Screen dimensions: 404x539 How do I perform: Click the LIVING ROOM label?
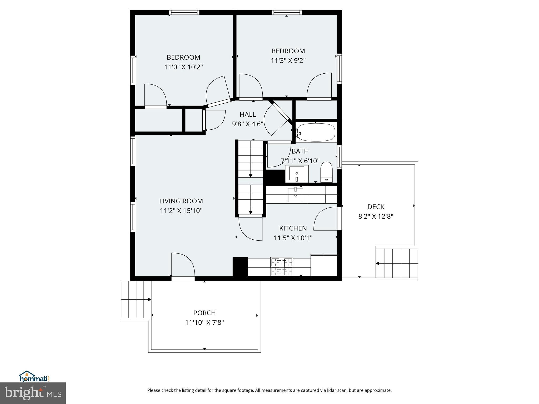(x=181, y=201)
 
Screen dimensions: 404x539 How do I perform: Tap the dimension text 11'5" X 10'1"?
(x=293, y=238)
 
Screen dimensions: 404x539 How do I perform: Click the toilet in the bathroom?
(x=327, y=172)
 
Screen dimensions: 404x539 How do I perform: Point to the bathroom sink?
(x=297, y=174)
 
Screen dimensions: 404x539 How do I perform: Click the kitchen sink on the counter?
(x=295, y=195)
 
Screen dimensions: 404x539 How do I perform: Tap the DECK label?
(x=376, y=207)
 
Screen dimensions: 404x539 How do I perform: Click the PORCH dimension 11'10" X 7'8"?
(x=204, y=322)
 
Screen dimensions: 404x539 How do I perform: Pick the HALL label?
(x=247, y=114)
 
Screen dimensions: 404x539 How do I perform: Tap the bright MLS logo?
(x=33, y=393)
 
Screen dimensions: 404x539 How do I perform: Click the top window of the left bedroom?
(x=184, y=12)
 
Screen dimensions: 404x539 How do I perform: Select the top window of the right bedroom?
(x=287, y=12)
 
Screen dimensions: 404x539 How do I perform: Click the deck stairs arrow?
(x=377, y=263)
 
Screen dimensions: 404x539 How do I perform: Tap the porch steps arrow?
(x=149, y=299)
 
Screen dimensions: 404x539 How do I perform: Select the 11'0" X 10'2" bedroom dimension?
(x=183, y=67)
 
